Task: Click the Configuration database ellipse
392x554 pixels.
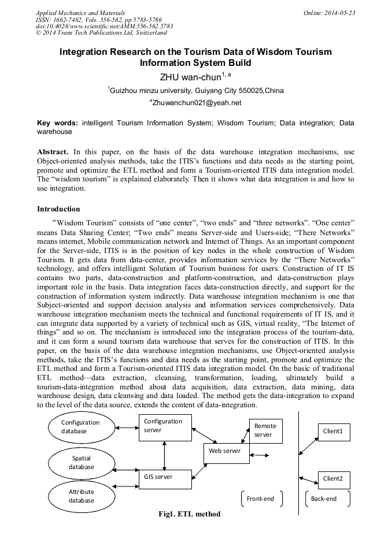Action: (81, 427)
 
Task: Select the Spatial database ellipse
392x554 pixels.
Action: (81, 462)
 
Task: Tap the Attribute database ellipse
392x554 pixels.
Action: (81, 496)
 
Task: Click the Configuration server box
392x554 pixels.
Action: (165, 428)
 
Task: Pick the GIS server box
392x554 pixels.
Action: (165, 479)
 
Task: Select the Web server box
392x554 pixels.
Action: (225, 452)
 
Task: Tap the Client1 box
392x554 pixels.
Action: (334, 432)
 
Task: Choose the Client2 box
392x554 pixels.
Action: (334, 479)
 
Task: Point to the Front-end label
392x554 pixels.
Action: (261, 499)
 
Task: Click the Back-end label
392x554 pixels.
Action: (324, 499)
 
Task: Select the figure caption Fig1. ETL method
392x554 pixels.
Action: (190, 514)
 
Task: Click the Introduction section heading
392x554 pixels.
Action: (58, 209)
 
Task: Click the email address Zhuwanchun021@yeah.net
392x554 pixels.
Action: (197, 103)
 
